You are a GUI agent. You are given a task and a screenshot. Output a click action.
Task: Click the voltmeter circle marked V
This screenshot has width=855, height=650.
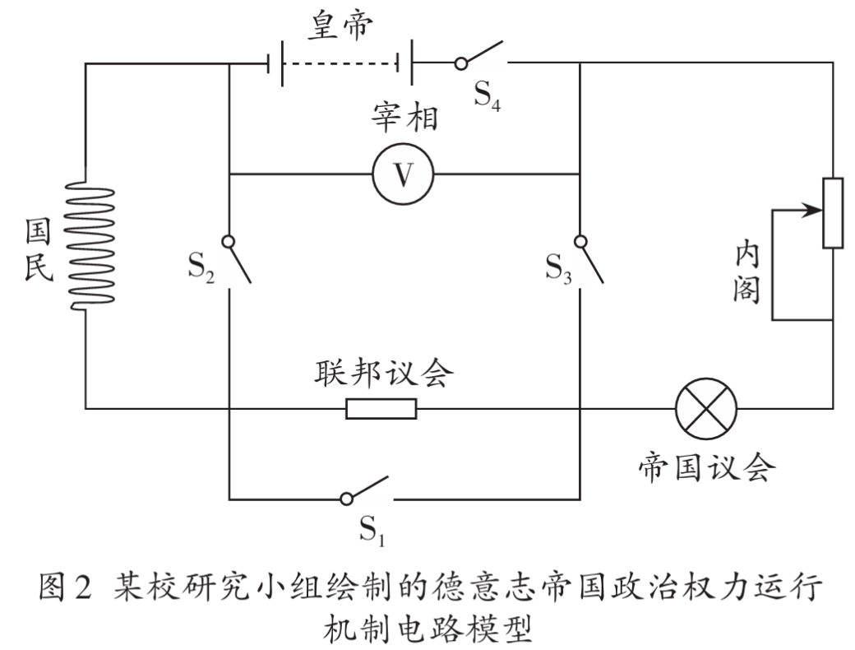pos(403,174)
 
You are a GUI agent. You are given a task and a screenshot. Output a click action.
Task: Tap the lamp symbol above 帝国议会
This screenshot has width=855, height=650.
pos(705,408)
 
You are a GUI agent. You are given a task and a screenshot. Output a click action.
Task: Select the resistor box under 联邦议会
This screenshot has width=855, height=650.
pos(381,408)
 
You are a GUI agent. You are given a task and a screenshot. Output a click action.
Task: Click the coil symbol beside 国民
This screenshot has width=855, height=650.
pos(90,245)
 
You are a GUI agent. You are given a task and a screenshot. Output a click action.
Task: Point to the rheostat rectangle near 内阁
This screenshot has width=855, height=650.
pos(833,213)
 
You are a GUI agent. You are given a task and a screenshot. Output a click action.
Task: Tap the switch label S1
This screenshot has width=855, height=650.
pos(372,529)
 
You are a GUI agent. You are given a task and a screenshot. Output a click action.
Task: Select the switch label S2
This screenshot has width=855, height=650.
pos(201,267)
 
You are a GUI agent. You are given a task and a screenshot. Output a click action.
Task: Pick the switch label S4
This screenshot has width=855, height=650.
pos(487,96)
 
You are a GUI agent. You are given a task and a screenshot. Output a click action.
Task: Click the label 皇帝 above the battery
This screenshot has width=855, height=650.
pos(341,26)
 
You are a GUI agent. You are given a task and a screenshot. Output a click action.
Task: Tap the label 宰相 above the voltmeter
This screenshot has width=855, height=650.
pos(404,116)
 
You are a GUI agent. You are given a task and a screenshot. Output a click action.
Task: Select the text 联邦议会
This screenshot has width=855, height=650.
pos(384,374)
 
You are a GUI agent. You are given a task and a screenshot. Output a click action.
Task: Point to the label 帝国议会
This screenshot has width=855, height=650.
pos(707,467)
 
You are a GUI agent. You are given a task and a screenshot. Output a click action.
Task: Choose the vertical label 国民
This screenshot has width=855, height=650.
pos(38,249)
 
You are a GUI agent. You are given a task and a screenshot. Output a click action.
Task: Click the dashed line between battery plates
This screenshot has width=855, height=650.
pos(340,63)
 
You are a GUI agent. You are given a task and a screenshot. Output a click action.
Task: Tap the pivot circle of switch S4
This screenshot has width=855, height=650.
pos(460,64)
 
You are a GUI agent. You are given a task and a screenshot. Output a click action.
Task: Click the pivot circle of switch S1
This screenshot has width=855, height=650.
pos(346,499)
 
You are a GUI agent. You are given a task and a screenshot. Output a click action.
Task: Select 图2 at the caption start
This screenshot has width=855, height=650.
pos(65,587)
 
